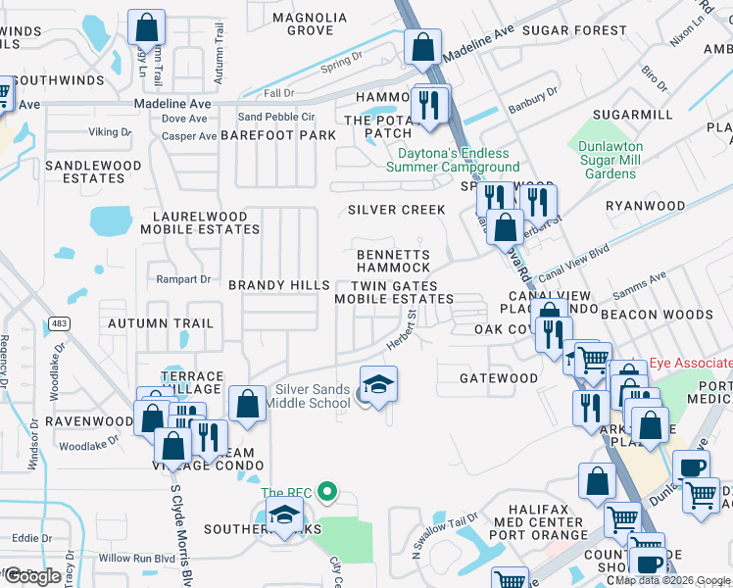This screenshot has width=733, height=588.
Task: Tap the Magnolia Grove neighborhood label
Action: pos(310,24)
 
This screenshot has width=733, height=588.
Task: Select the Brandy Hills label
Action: pos(279,285)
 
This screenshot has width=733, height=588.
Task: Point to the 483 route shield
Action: pos(61,322)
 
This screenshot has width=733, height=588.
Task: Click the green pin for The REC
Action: pos(330,492)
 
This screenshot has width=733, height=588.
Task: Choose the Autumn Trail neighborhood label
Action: pos(161,323)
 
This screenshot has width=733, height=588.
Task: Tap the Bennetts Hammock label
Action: pos(393,261)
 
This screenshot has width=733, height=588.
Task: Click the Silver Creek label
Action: pos(396,210)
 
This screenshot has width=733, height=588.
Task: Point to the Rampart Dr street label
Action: pos(183,279)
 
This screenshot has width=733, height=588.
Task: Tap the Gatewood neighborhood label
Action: pos(499,378)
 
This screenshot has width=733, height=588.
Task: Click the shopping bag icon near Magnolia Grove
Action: pos(422,47)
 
